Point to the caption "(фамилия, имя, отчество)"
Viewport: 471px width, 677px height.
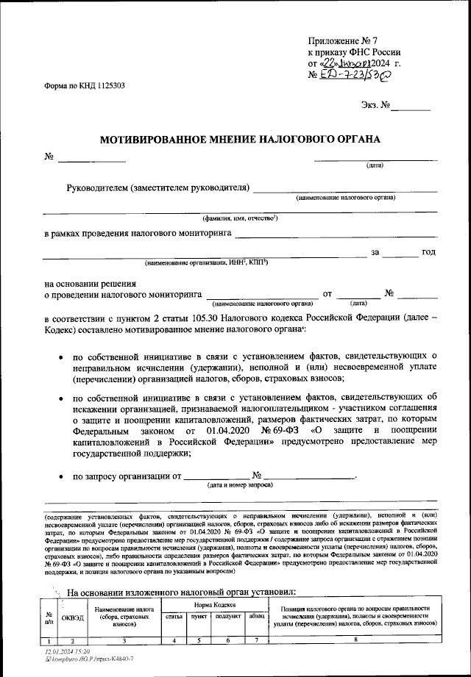tap(240, 219)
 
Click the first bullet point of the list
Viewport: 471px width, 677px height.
tap(60, 357)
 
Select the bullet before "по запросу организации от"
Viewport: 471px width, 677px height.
tap(60, 476)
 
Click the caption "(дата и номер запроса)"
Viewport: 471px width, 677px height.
tap(240, 486)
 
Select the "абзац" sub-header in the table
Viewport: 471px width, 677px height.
tap(256, 617)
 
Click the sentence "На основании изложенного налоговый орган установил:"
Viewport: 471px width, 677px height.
tap(180, 592)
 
